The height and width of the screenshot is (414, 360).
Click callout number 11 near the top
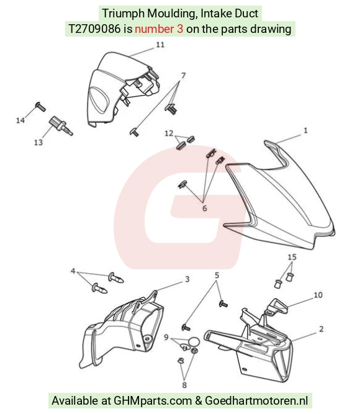(160, 45)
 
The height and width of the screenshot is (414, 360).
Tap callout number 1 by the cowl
(305, 130)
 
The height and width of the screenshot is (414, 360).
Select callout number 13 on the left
(38, 143)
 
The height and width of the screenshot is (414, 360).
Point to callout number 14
(20, 120)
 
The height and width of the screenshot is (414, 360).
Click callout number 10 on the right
(318, 295)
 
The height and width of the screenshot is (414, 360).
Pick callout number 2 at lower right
(321, 329)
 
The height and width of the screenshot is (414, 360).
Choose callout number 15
(292, 257)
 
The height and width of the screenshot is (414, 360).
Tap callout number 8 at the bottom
(184, 385)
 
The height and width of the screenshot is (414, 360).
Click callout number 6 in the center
(204, 209)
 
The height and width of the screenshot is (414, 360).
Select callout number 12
(169, 133)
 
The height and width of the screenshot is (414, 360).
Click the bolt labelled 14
(40, 107)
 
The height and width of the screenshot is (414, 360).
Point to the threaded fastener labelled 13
(61, 126)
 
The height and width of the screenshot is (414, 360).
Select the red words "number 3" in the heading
(159, 29)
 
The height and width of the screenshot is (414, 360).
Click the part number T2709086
(94, 29)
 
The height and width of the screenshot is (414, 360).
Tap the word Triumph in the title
(124, 14)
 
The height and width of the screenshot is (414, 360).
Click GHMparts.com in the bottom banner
(153, 400)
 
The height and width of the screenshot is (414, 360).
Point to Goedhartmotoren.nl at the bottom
(256, 400)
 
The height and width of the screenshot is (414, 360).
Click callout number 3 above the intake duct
(187, 279)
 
